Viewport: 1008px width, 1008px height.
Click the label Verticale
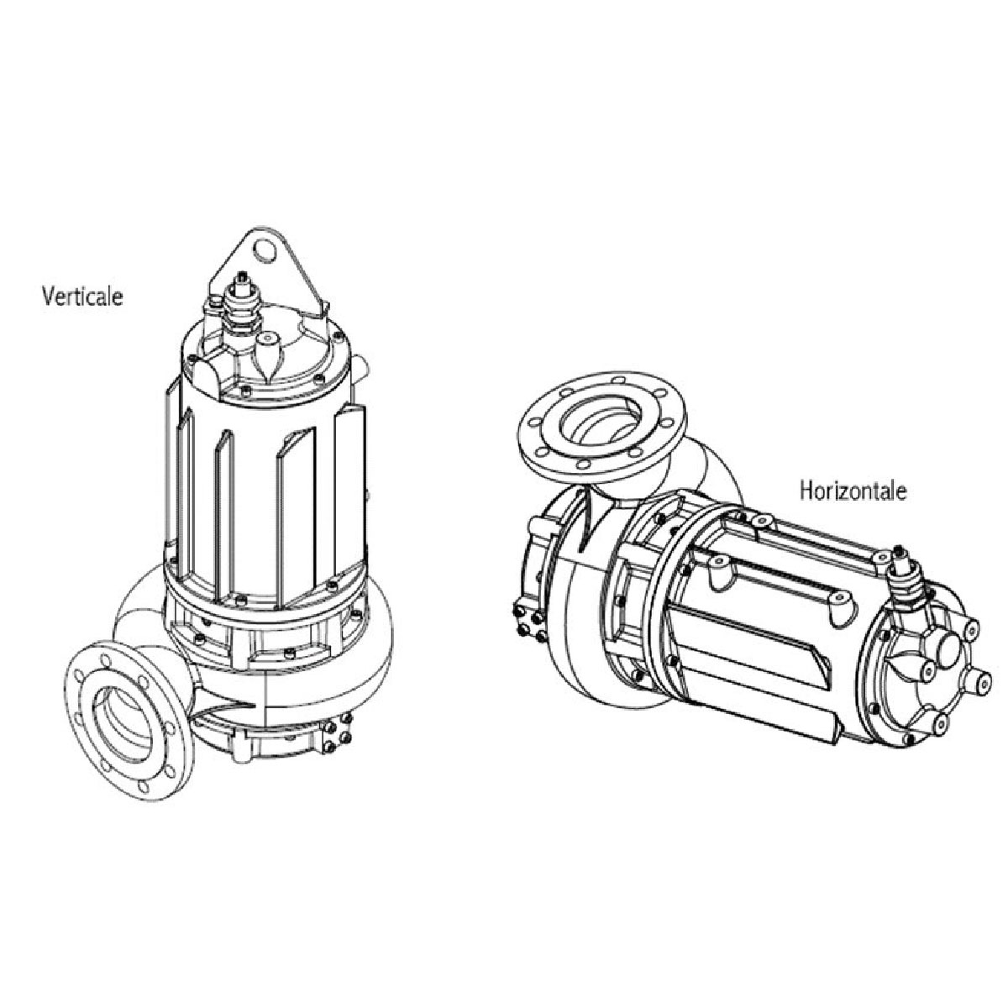pos(82,296)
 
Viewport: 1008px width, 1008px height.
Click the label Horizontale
pos(853,491)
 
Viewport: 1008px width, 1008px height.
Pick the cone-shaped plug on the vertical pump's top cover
pos(269,355)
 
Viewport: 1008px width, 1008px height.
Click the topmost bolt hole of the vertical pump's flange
pos(105,659)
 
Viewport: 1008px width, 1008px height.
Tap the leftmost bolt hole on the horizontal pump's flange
pos(534,423)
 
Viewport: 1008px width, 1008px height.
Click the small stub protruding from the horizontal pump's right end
pos(979,680)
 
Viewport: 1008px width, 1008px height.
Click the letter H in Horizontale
pos(807,491)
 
